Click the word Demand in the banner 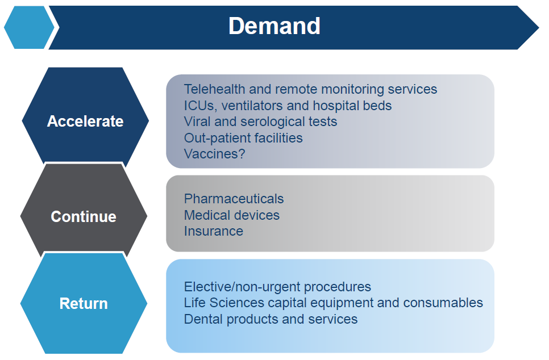pos(274,26)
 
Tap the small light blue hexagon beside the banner pos(30,27)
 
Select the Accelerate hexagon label pos(85,122)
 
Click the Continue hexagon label pos(84,216)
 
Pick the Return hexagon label pos(84,303)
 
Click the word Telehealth pos(215,89)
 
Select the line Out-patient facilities pos(243,138)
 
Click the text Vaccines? pos(215,154)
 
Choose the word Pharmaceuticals pos(234,199)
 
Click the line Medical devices pos(232,215)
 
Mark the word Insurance pos(214,231)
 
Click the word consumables pos(443,303)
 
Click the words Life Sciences pos(224,303)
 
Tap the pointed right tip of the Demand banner pos(539,27)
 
